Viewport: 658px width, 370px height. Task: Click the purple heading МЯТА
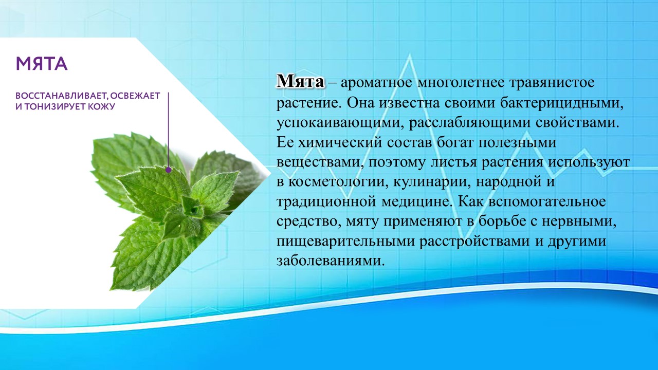(42, 64)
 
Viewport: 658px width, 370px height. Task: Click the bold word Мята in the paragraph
(300, 82)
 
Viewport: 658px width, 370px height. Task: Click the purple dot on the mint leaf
(168, 170)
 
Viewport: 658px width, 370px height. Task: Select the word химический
(340, 143)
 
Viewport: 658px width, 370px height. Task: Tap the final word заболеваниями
(331, 261)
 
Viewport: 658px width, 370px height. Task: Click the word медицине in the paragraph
(416, 202)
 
